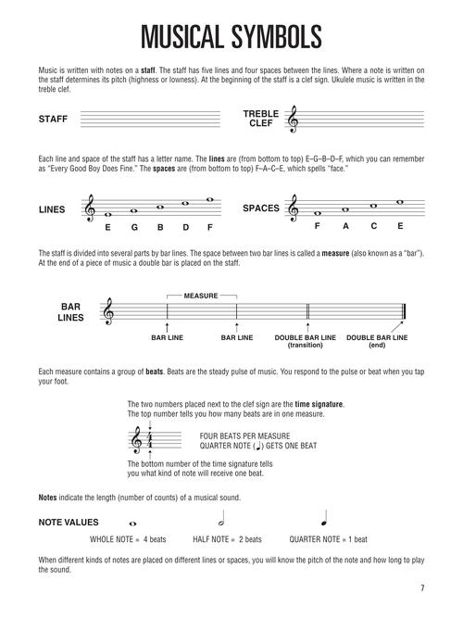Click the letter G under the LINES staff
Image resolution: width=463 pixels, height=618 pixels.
click(x=136, y=226)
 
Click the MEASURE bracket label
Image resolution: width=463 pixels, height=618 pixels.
click(x=200, y=296)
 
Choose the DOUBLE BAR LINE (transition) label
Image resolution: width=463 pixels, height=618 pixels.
click(x=307, y=341)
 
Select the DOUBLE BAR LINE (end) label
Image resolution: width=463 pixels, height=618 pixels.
click(x=377, y=341)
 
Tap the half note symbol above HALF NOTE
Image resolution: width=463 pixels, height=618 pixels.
click(x=222, y=521)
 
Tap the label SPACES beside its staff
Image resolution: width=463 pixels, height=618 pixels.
click(x=260, y=208)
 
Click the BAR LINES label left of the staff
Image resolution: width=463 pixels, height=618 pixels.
click(x=72, y=314)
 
